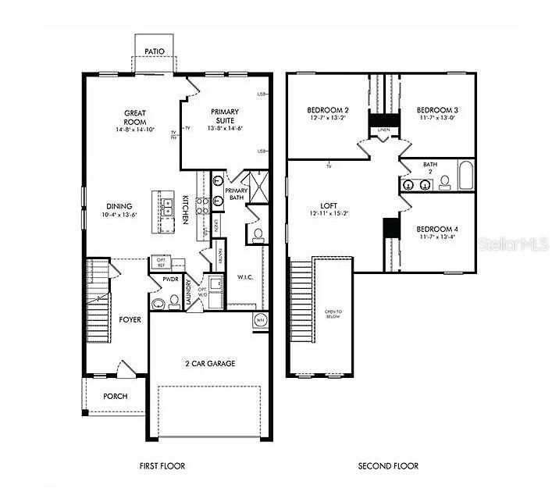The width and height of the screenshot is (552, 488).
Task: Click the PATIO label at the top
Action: tap(154, 52)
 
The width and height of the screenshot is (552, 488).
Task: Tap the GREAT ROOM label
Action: tap(135, 117)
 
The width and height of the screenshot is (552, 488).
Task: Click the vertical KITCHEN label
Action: tap(186, 209)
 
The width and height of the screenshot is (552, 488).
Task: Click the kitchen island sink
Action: tap(167, 207)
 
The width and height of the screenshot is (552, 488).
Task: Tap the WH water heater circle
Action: tap(261, 319)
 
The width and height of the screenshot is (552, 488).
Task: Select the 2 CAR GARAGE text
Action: tap(209, 363)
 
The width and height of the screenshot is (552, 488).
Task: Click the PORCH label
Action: tap(116, 396)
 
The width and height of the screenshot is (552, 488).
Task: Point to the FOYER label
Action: tap(130, 319)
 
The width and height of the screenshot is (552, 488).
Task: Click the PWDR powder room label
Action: tap(171, 278)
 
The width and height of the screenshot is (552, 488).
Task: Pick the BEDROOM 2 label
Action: tap(327, 110)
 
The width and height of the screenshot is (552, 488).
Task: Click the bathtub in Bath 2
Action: tap(465, 176)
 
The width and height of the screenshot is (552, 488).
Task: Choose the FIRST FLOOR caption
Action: tap(162, 466)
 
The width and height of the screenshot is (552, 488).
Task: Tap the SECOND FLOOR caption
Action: tap(388, 466)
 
